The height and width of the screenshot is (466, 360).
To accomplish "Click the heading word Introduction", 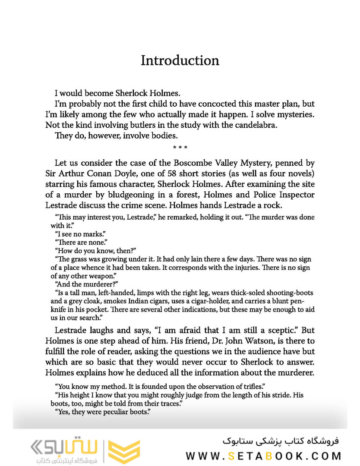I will pos(180,60).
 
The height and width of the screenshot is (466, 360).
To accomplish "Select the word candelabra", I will pos(268,126).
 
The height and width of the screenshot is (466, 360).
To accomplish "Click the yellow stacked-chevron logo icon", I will pos(124,451).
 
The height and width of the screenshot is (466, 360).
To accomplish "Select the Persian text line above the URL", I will pos(281,442).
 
